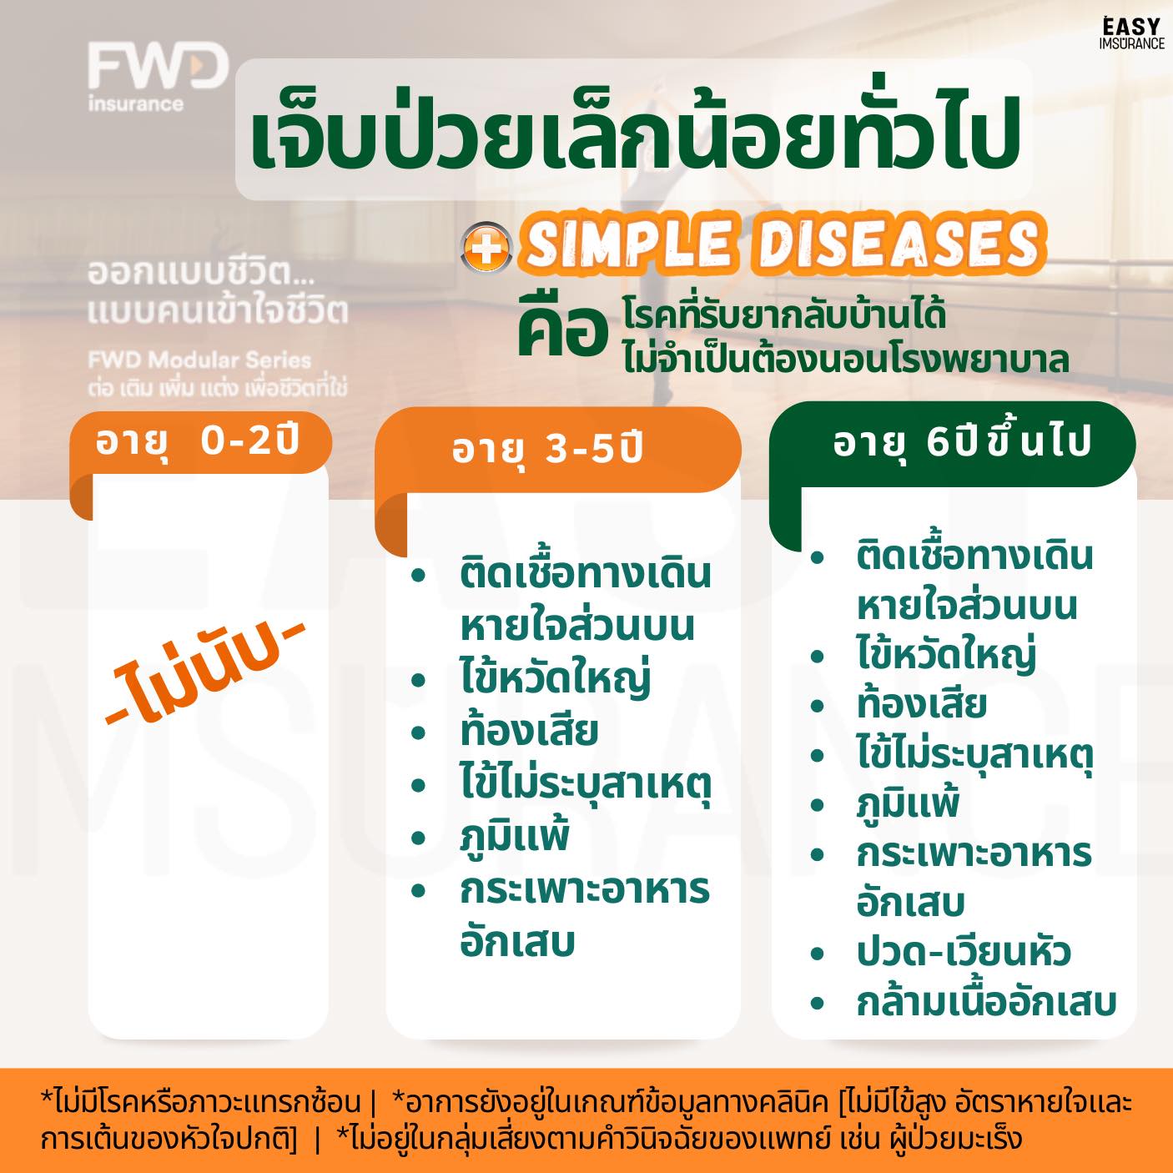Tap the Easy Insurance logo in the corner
tap(1132, 33)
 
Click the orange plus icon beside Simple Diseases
tap(486, 248)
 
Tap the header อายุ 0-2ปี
tap(197, 440)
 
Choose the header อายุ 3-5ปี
tap(546, 451)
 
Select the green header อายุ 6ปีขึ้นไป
tap(962, 442)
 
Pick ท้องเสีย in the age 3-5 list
tap(529, 731)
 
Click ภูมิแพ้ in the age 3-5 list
tap(515, 837)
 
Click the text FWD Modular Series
tap(199, 360)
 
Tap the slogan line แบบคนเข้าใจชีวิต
tap(218, 311)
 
